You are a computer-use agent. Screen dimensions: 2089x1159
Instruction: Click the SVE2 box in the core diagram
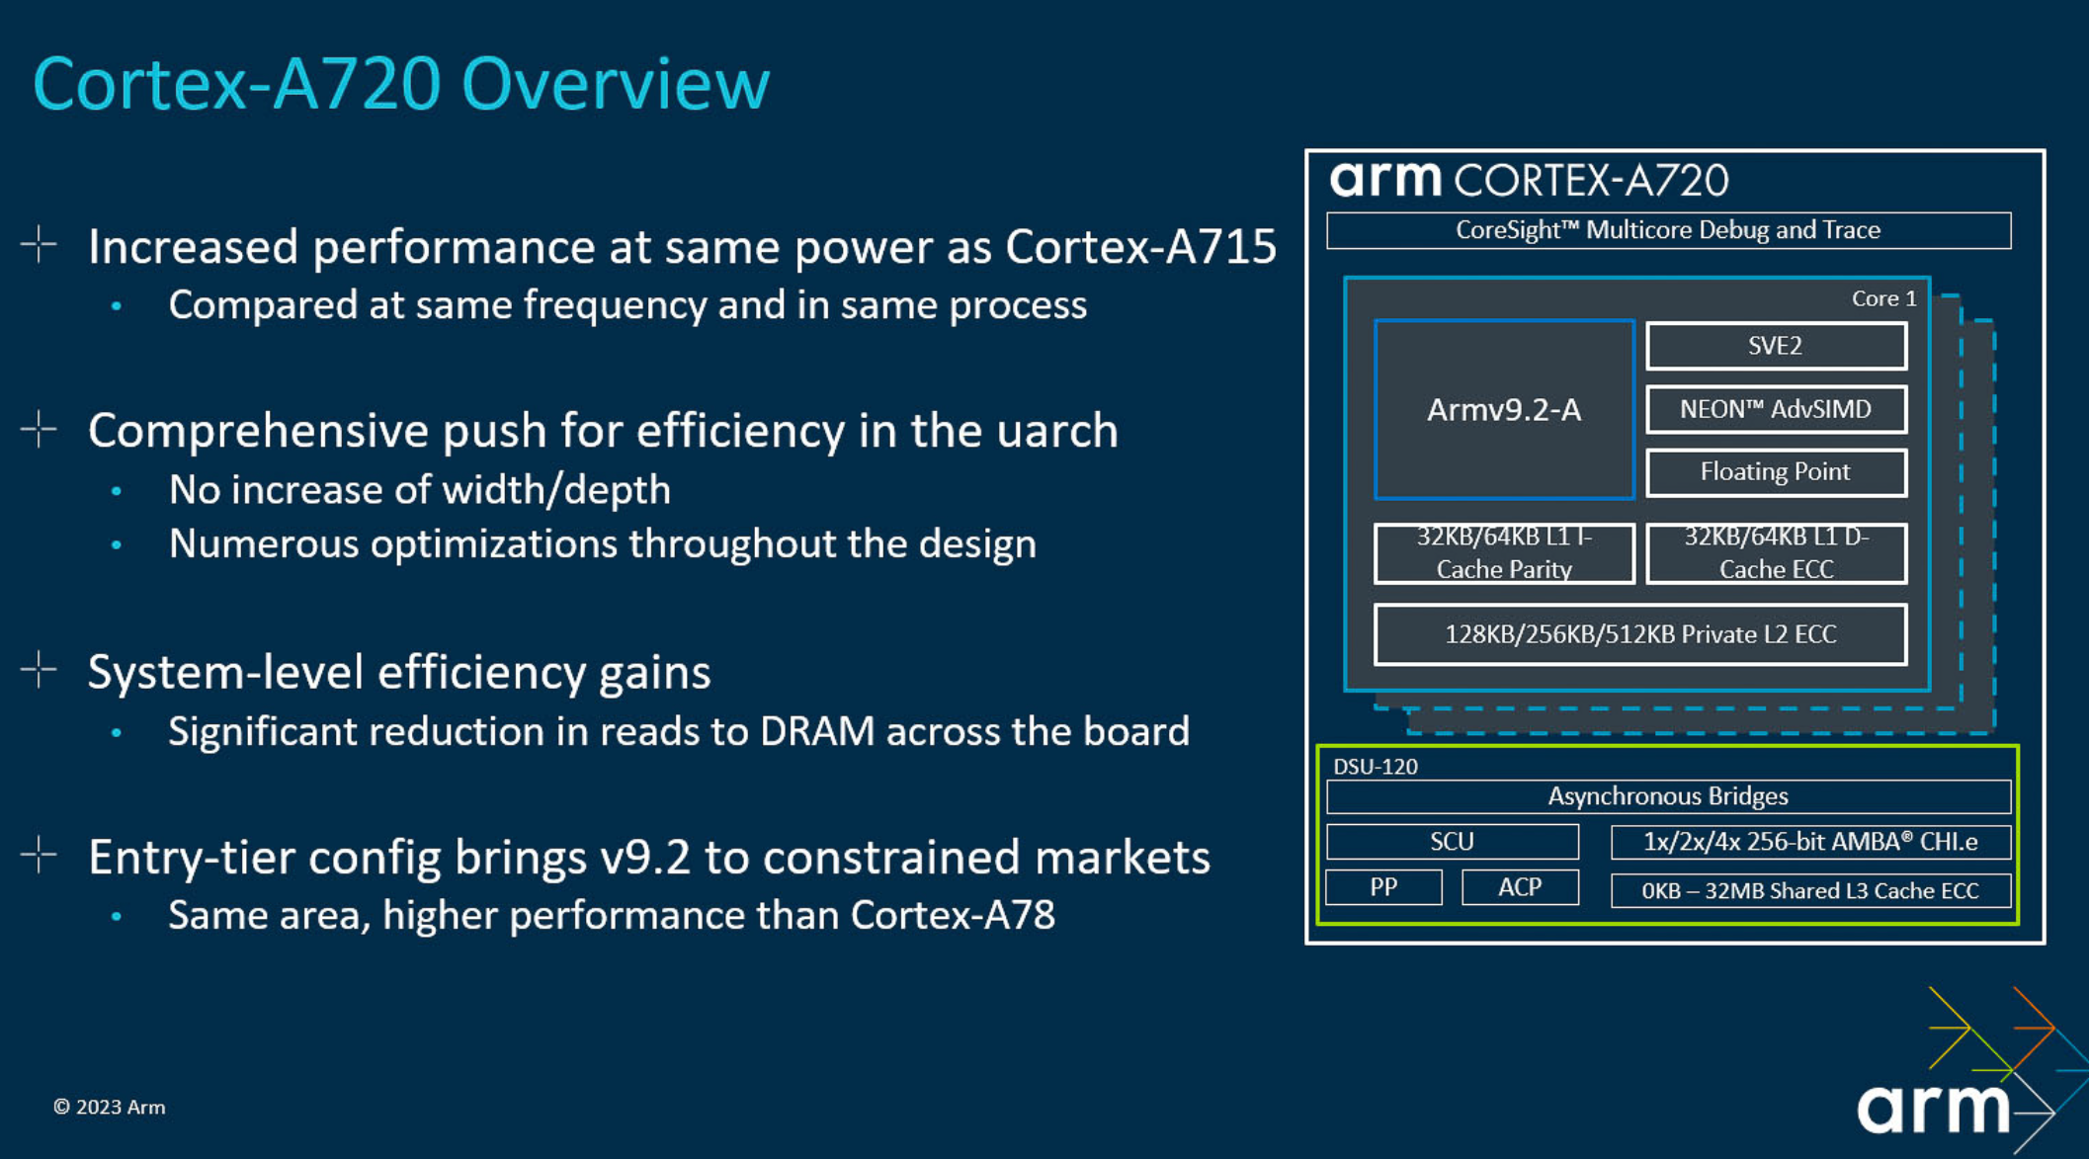point(1776,346)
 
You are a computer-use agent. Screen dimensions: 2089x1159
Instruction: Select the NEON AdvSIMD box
point(1776,409)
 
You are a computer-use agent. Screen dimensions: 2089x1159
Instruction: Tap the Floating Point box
point(1776,472)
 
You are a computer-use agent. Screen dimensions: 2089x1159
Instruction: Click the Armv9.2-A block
point(1504,409)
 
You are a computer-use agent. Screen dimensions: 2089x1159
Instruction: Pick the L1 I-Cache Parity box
point(1504,553)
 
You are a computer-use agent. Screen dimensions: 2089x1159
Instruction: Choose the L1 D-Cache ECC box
point(1776,553)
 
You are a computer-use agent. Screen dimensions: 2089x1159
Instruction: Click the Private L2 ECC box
point(1640,634)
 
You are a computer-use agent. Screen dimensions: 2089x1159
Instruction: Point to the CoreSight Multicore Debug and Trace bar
point(1668,230)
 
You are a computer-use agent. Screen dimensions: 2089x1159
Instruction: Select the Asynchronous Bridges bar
point(1668,796)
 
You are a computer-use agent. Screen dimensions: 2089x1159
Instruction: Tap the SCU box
point(1453,842)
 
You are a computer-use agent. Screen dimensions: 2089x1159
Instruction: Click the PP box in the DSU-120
point(1383,887)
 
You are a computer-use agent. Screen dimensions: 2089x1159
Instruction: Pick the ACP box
point(1520,887)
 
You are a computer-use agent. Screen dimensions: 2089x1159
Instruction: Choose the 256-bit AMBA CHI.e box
point(1810,842)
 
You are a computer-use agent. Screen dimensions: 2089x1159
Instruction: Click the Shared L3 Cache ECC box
point(1810,890)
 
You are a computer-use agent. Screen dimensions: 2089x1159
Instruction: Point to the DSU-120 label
point(1376,767)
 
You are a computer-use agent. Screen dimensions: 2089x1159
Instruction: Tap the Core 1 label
point(1883,298)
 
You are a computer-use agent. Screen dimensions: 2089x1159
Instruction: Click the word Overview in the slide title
point(615,84)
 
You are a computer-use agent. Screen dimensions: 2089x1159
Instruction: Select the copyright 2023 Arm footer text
point(109,1107)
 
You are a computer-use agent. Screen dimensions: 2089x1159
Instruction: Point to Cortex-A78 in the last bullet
point(953,915)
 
